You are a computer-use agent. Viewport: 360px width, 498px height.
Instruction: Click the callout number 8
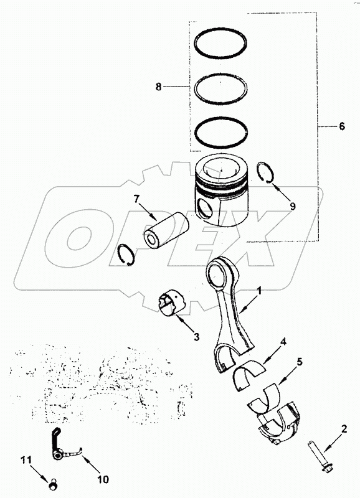(159, 87)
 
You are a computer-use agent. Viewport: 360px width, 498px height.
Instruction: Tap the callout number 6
(341, 126)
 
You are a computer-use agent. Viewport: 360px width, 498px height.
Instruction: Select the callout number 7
(136, 199)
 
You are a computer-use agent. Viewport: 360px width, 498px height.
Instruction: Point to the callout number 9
(293, 206)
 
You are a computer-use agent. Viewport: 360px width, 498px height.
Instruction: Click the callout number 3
(196, 337)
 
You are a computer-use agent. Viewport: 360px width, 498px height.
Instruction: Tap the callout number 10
(103, 479)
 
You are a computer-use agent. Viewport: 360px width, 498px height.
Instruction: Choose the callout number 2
(344, 430)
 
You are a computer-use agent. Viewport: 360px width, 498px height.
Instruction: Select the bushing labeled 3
(172, 303)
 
